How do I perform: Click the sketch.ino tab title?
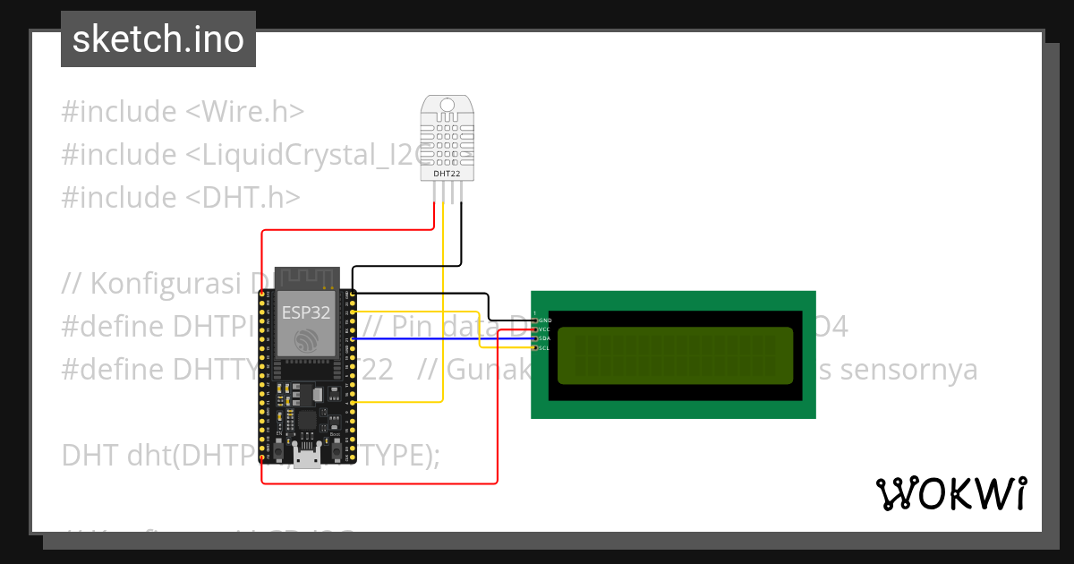(x=158, y=39)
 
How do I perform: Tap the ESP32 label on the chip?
(x=306, y=312)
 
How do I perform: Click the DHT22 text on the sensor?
(x=447, y=173)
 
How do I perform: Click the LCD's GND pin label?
(x=545, y=320)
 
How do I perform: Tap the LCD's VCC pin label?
(x=544, y=329)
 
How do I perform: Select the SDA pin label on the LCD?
(x=544, y=338)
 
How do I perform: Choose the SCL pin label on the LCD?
(x=544, y=347)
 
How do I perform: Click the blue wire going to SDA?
(x=430, y=338)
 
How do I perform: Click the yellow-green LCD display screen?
(x=676, y=355)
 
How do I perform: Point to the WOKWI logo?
(x=950, y=493)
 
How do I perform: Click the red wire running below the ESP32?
(x=376, y=483)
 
